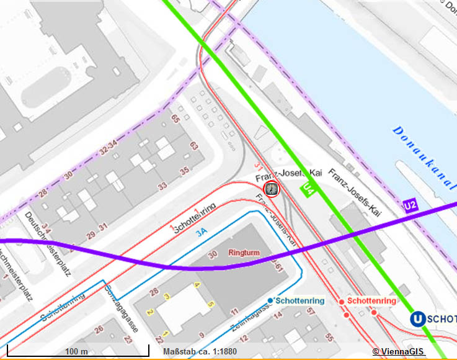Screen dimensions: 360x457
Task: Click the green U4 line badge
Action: (x=309, y=190)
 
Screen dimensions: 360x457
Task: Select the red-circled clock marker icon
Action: (x=271, y=188)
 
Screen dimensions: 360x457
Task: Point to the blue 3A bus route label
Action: (x=202, y=233)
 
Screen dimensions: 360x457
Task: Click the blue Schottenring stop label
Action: (x=299, y=301)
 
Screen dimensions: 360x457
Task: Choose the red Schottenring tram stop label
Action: (x=372, y=301)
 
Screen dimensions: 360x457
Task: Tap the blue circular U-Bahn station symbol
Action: (x=419, y=319)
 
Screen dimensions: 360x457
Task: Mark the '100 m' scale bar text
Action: (x=76, y=351)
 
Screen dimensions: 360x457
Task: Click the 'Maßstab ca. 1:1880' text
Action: (x=200, y=352)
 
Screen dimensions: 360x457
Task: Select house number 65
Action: (x=175, y=118)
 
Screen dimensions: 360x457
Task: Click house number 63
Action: (x=193, y=146)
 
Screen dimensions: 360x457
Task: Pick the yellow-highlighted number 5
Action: (x=211, y=304)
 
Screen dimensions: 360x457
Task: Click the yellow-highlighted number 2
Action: (x=149, y=311)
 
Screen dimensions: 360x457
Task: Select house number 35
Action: (x=184, y=171)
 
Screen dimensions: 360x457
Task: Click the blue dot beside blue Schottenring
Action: (x=270, y=300)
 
